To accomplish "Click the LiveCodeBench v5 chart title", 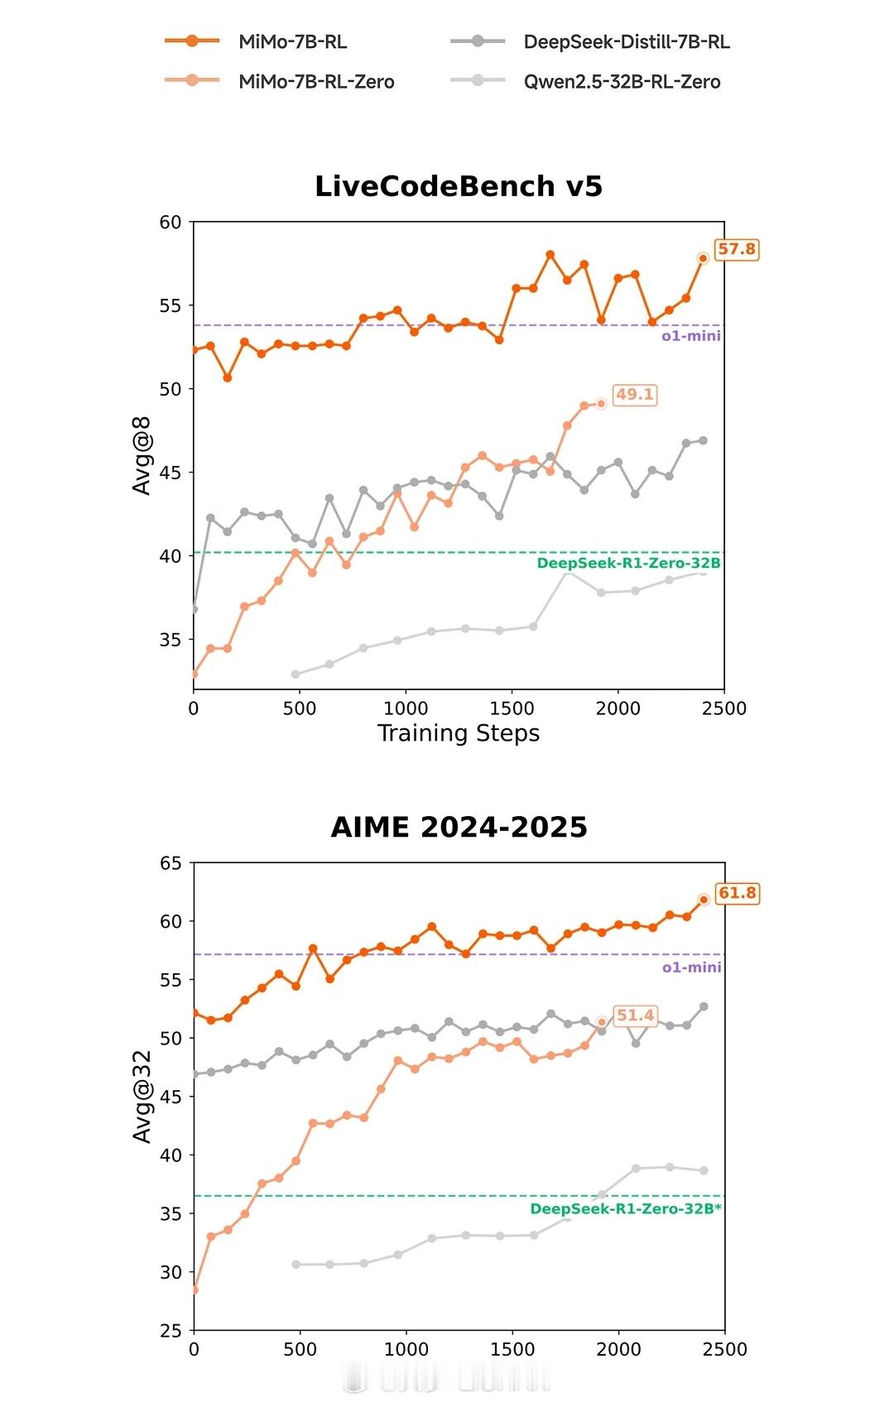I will (x=459, y=186).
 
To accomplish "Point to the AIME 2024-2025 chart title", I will (x=459, y=827).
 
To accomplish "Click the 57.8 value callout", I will (x=736, y=249).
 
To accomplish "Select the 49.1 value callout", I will (x=634, y=395).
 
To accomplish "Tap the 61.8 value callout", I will (x=737, y=893).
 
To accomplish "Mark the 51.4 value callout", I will (x=635, y=1015).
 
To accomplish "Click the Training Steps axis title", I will (x=459, y=733).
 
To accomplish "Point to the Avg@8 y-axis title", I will (x=142, y=456).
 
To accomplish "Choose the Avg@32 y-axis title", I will (x=142, y=1097).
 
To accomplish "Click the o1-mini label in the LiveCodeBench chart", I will (x=690, y=336).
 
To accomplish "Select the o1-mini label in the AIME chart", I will (x=691, y=967).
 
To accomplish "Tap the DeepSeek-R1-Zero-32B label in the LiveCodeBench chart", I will (x=628, y=564).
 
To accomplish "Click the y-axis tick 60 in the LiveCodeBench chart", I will (x=170, y=222).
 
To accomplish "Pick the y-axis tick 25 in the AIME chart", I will (x=171, y=1331).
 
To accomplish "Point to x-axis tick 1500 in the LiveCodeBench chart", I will (x=512, y=708).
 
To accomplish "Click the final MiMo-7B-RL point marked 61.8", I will (x=704, y=900).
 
